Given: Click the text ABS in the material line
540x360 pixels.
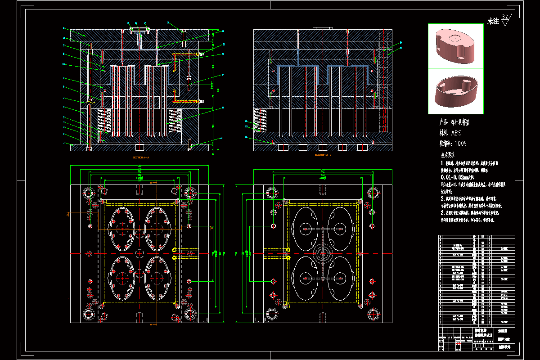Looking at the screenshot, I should coord(456,133).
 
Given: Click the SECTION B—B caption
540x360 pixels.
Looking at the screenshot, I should coord(323,155).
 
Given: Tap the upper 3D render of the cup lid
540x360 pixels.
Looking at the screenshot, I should coord(455,46).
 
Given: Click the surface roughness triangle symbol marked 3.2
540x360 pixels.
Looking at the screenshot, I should coord(505,20).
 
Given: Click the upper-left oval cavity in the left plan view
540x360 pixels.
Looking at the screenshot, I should coord(122,229).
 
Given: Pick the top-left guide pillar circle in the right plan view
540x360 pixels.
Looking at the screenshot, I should coord(272,193).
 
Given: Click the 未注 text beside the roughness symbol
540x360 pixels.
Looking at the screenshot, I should coord(493,21).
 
